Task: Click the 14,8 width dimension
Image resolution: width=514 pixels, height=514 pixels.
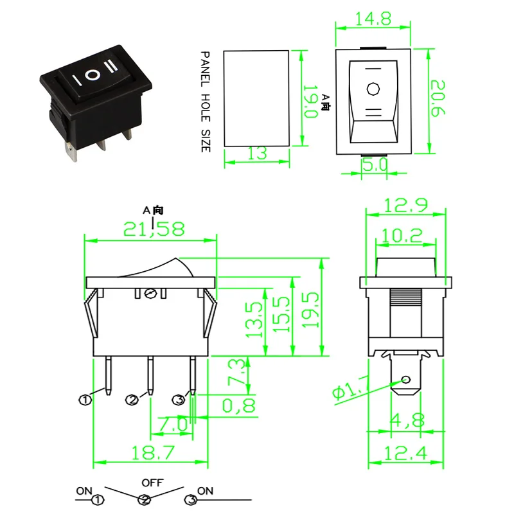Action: (373, 19)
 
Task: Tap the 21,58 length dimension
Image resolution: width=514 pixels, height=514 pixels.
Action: (152, 229)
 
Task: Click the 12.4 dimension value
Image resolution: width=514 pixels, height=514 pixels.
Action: (406, 454)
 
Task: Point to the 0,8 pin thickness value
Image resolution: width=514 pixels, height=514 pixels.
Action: (238, 405)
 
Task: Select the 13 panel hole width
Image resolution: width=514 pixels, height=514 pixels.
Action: (257, 153)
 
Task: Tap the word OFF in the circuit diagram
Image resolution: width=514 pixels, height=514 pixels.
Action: (152, 482)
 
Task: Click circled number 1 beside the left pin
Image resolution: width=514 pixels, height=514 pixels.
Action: (84, 400)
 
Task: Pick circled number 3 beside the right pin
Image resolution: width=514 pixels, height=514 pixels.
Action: (179, 400)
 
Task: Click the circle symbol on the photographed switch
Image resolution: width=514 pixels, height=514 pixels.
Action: (94, 75)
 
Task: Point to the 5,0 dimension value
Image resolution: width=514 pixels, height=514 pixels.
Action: (373, 164)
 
